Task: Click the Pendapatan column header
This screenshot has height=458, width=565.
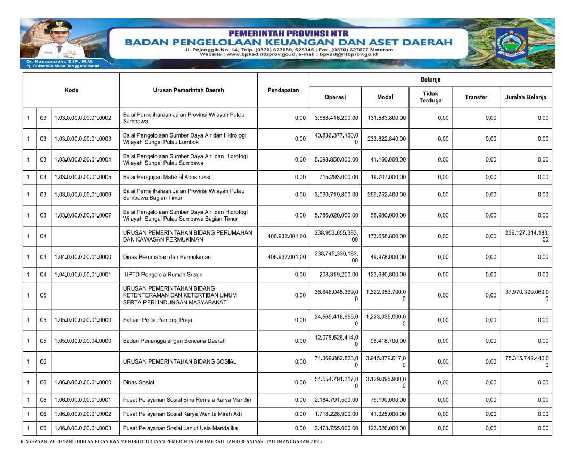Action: point(283,90)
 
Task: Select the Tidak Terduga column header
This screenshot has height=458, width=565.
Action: point(430,97)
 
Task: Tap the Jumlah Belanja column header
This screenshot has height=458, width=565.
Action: point(526,97)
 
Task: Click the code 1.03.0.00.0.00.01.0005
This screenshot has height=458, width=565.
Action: point(83,177)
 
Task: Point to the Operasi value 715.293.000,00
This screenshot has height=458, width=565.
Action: point(335,177)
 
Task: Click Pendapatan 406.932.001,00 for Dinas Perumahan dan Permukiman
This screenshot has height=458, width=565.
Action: point(286,257)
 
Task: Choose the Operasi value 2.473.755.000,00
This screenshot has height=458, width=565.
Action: point(335,428)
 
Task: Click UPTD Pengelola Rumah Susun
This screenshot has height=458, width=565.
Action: point(159,275)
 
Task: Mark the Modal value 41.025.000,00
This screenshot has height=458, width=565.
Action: point(387,414)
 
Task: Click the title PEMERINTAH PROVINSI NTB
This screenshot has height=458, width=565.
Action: point(288,33)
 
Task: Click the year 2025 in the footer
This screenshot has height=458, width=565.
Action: point(316,442)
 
